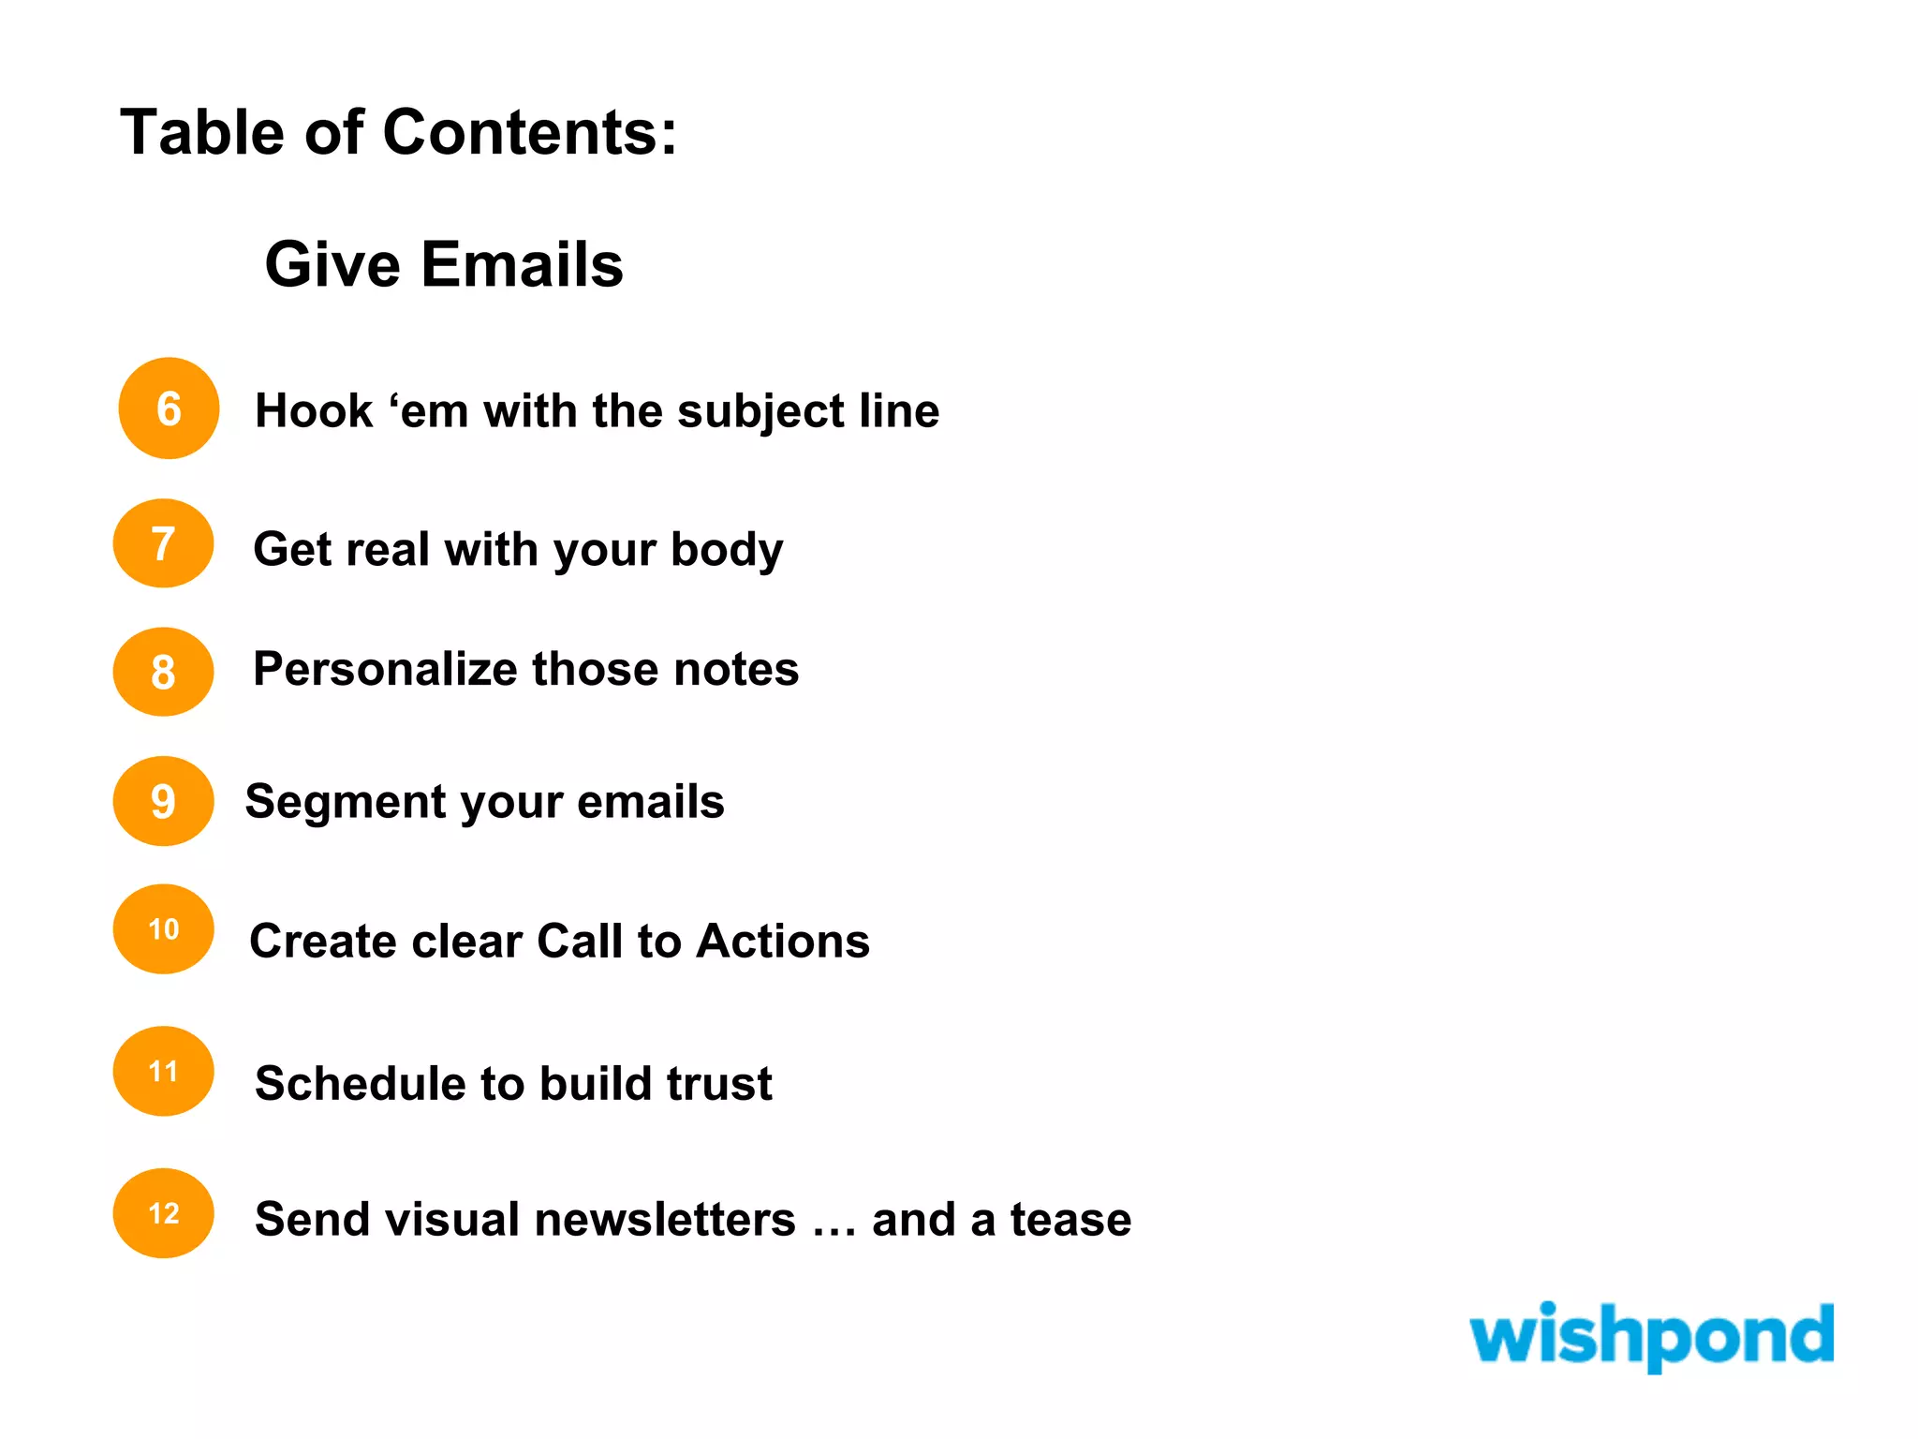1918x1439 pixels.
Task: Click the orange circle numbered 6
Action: [169, 408]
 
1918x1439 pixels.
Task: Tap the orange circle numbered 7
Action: [164, 543]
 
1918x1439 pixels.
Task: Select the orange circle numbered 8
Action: [164, 672]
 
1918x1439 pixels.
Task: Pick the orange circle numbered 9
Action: [164, 801]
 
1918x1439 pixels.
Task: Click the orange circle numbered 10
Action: [164, 929]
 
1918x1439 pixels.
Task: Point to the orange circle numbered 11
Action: [164, 1071]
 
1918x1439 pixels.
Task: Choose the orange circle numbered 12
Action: [164, 1213]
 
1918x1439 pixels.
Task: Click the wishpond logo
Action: [1651, 1336]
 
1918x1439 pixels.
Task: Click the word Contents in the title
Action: [530, 132]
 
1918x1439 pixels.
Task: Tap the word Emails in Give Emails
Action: [522, 264]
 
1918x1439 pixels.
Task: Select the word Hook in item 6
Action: [314, 411]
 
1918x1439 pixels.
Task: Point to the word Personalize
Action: [384, 670]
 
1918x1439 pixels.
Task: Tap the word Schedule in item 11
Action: [360, 1084]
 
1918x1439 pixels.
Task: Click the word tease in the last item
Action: [1070, 1220]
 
